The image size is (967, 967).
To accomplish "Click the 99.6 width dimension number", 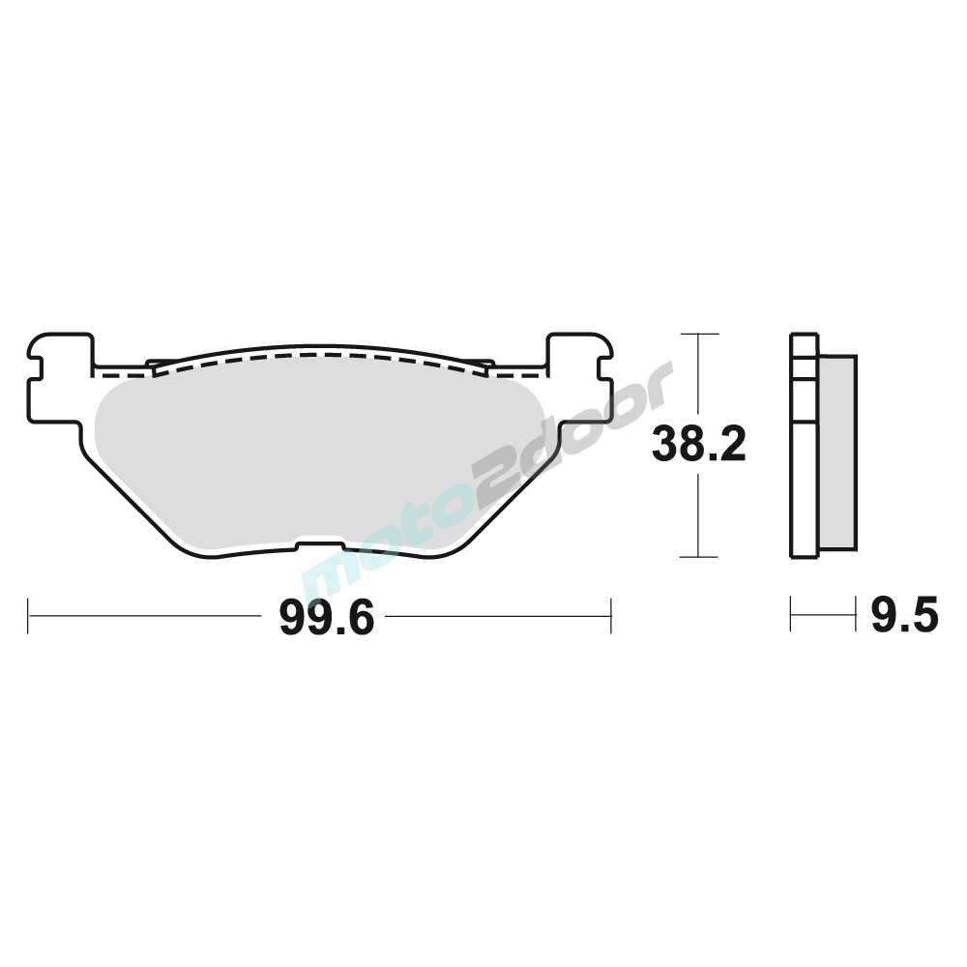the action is [x=326, y=618].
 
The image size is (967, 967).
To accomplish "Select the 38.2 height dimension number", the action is [x=699, y=444].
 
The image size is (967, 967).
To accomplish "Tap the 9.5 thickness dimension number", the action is [x=904, y=614].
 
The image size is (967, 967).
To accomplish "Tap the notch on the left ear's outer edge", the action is [x=35, y=368].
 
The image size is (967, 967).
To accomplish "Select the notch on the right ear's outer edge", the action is [x=605, y=368].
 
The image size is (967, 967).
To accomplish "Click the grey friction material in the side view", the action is [x=836, y=452].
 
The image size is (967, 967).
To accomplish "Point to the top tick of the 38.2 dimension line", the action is [x=699, y=334].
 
